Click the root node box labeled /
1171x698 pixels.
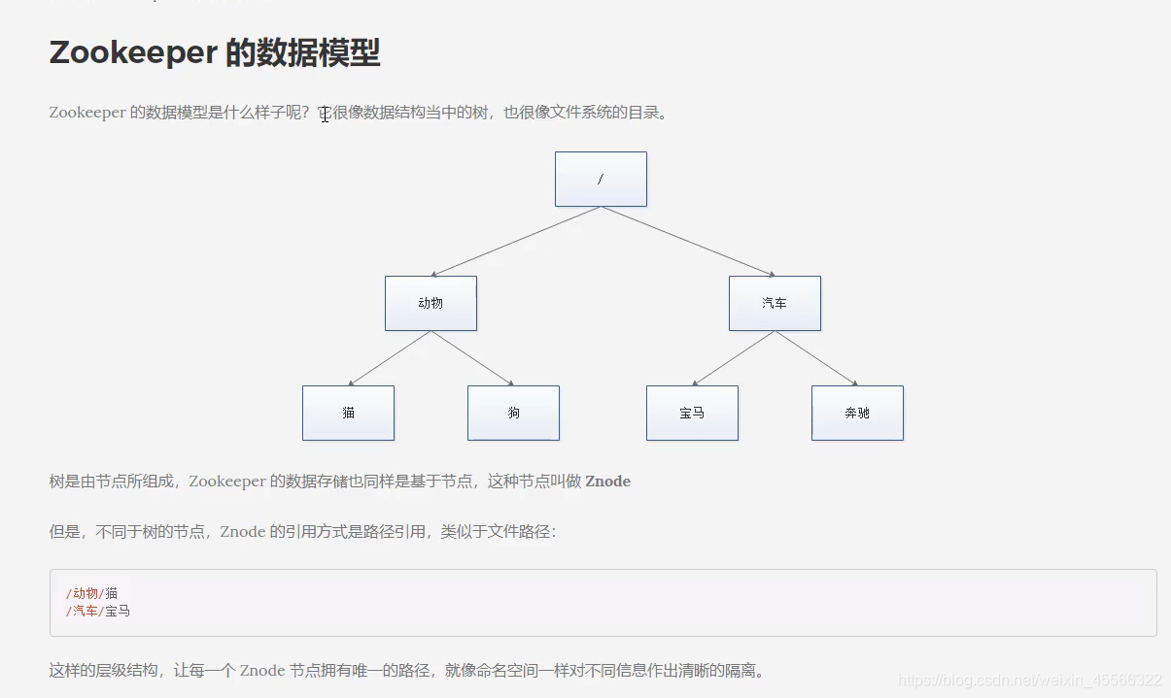tap(601, 179)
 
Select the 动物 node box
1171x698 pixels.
tap(431, 303)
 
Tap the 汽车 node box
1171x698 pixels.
tap(775, 303)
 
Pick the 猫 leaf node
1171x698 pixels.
tap(348, 413)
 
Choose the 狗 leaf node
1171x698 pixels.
tap(513, 413)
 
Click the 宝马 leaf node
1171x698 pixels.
tap(692, 413)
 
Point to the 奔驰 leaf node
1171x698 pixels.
tap(857, 413)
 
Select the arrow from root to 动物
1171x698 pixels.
tap(516, 242)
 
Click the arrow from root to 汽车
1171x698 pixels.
tap(687, 242)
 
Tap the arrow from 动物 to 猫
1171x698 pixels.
tap(389, 358)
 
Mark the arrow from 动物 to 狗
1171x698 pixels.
tap(472, 358)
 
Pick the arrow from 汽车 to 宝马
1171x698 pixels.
tap(734, 358)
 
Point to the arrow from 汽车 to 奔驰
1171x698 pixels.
tap(816, 358)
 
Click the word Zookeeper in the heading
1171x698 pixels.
tap(133, 53)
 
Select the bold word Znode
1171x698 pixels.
tap(607, 482)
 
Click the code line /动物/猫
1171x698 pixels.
tap(92, 593)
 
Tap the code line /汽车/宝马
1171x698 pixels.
tap(98, 611)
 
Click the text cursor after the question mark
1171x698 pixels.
tap(325, 114)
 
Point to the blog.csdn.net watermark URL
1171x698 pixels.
tap(1030, 680)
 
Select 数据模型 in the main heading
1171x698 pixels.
tap(302, 53)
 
